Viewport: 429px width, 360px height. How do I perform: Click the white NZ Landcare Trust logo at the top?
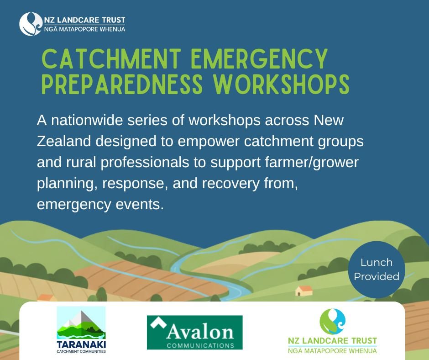tap(72, 24)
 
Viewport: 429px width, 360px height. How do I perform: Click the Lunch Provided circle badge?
tap(377, 270)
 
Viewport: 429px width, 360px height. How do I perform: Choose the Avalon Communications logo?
tap(194, 332)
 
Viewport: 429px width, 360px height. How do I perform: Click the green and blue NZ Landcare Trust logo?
tap(332, 331)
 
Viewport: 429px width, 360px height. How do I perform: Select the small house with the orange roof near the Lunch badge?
tap(303, 291)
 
